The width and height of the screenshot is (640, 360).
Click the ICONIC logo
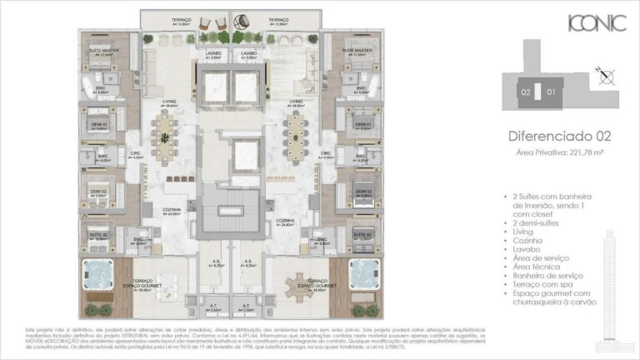596,23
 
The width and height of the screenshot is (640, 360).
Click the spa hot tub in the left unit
99,272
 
